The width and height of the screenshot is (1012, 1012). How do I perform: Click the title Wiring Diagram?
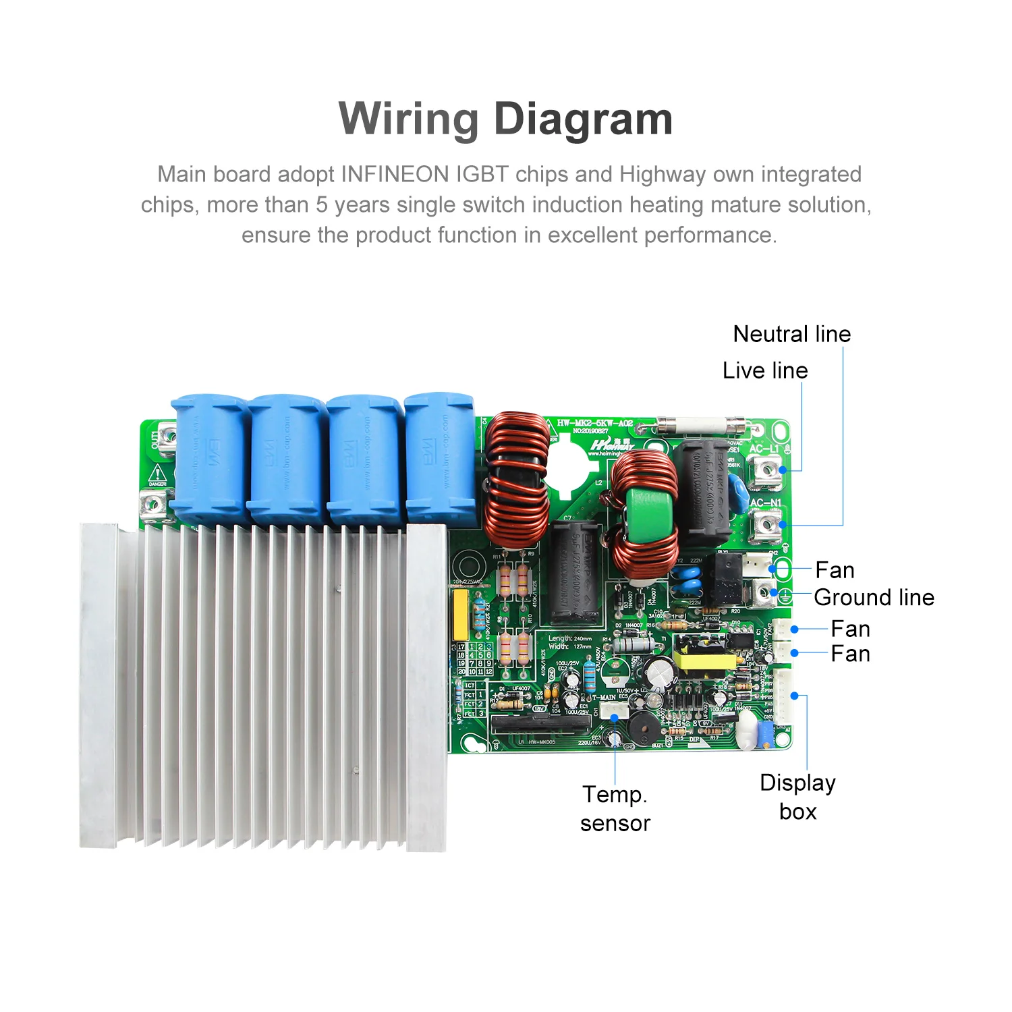505,119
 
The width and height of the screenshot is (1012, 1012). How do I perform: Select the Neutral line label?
791,334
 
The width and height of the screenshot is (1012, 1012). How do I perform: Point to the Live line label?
765,370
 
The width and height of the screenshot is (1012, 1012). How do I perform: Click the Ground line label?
874,597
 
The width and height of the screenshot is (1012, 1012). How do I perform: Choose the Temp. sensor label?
615,809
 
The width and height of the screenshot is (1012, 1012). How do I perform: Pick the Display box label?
797,797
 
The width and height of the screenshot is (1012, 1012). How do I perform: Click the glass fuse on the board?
702,426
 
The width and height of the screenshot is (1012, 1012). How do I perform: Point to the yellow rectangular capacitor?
460,615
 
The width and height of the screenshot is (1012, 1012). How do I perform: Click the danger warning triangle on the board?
157,473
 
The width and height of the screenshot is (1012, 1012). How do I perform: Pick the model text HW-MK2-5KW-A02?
595,423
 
